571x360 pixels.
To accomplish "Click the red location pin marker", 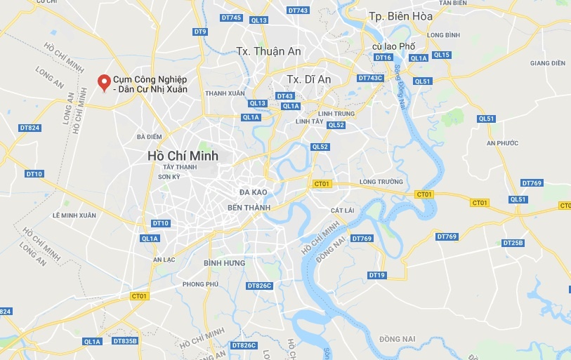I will (x=105, y=83).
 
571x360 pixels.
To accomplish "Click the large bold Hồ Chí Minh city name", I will (x=183, y=155).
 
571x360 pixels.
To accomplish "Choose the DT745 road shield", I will (x=230, y=18).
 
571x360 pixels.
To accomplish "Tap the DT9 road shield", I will (x=200, y=32).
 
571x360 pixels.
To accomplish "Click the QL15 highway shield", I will (x=441, y=55).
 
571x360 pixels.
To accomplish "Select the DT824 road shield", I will (x=29, y=128).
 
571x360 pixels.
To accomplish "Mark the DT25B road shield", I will (x=513, y=243).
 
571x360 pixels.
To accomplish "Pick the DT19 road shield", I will (x=376, y=274).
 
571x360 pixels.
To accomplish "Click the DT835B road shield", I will (x=124, y=341).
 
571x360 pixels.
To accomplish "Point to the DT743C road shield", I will (x=370, y=78).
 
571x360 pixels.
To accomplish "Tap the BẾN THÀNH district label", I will (x=245, y=208).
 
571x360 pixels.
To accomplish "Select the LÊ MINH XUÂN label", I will (x=74, y=215).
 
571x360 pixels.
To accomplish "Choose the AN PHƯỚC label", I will (x=501, y=143).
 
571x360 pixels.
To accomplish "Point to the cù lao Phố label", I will (x=394, y=46).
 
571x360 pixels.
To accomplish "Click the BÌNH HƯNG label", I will (x=224, y=262).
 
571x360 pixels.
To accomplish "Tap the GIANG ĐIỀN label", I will (x=548, y=63).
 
